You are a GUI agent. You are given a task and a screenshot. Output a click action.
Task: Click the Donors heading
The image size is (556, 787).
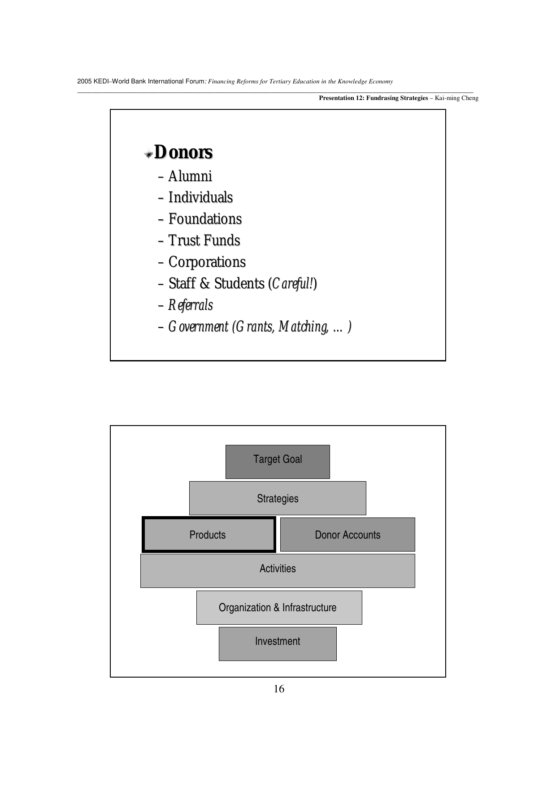click(183, 152)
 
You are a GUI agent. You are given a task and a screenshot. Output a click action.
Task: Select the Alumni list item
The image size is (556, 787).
click(190, 176)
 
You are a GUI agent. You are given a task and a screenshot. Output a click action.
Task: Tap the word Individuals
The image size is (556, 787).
click(200, 197)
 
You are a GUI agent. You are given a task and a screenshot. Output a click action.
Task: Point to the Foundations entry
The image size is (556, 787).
click(205, 219)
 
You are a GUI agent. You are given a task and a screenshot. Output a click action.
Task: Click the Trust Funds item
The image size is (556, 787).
click(204, 240)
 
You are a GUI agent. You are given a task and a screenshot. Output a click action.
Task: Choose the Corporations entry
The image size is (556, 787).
click(207, 262)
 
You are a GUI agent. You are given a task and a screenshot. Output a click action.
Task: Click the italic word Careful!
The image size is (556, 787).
click(293, 283)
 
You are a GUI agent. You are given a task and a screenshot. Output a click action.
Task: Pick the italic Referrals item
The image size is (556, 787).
click(190, 305)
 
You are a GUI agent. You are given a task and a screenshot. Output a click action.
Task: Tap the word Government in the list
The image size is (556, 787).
click(198, 326)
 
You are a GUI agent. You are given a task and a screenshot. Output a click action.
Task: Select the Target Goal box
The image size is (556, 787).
click(278, 461)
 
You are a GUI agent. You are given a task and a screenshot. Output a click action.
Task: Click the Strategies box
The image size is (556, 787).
click(278, 498)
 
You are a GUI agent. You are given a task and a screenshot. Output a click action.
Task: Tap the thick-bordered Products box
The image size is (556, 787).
click(208, 535)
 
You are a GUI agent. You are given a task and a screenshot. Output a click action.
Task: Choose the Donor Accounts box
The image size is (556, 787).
click(347, 535)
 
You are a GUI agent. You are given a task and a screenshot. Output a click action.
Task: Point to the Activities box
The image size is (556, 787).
click(278, 570)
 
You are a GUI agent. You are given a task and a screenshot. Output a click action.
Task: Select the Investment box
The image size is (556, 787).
click(278, 644)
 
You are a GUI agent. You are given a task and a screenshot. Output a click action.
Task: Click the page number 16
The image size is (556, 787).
click(279, 689)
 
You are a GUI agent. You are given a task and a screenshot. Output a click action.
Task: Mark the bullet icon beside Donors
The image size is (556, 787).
click(148, 155)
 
